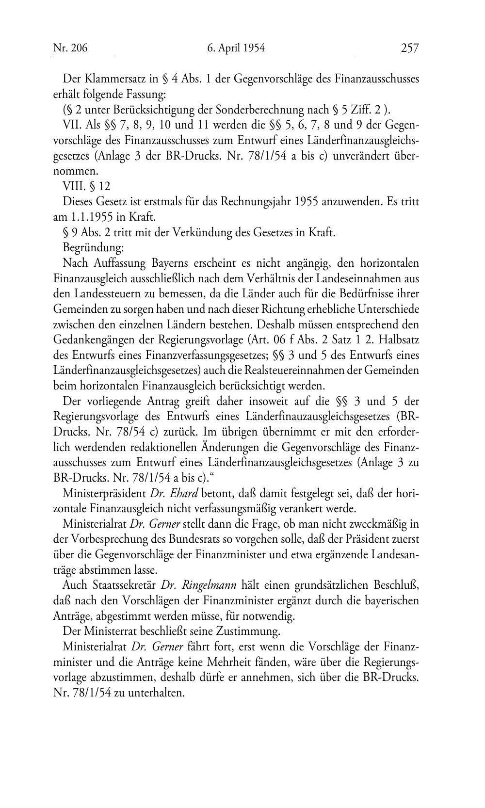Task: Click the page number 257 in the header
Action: (x=409, y=48)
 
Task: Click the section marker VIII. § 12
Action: (x=87, y=186)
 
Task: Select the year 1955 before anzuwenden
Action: (x=306, y=202)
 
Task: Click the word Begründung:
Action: (x=94, y=248)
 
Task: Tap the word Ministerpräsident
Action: (x=104, y=494)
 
